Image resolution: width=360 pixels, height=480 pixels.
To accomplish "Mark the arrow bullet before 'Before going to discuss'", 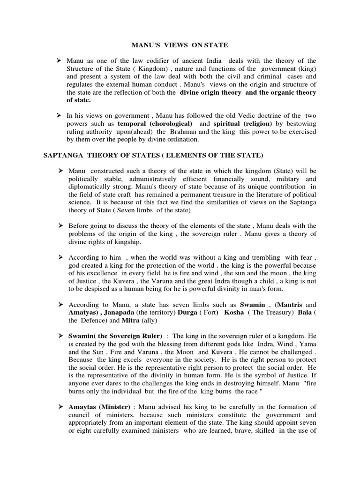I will point(60,225).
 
